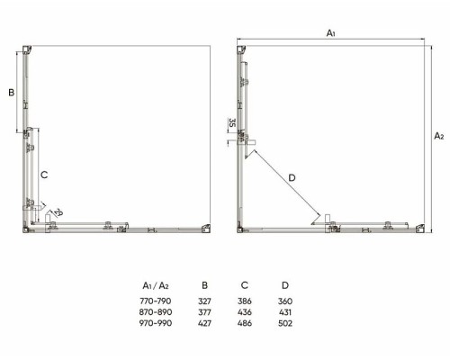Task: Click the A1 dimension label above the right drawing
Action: (x=330, y=33)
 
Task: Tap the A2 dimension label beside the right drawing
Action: (x=439, y=136)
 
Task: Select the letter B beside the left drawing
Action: (x=12, y=93)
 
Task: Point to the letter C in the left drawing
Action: (x=44, y=175)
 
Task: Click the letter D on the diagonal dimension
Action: (x=292, y=178)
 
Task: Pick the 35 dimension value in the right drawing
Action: (x=232, y=122)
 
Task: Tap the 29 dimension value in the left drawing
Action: (x=58, y=212)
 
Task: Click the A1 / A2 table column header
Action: (x=156, y=285)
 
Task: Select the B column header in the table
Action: (x=204, y=285)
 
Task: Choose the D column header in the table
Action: (x=285, y=285)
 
